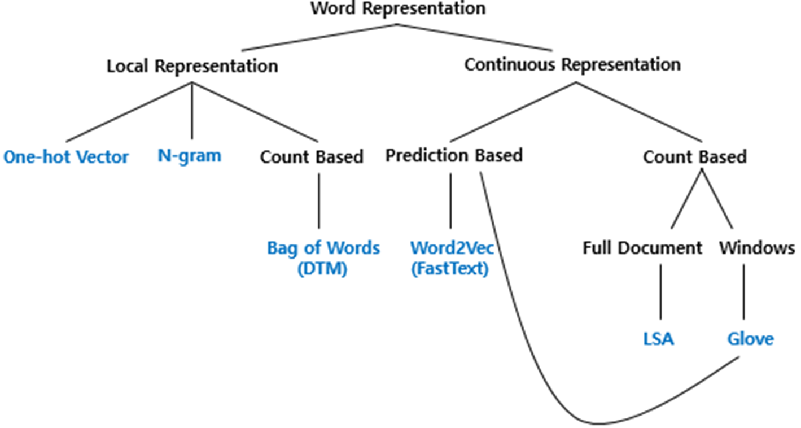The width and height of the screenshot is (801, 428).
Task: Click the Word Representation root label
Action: click(398, 8)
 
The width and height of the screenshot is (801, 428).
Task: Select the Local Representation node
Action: click(192, 66)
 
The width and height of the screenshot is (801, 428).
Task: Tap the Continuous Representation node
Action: click(572, 64)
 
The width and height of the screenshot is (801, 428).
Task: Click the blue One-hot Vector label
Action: click(66, 157)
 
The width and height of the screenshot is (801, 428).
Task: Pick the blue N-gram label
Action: click(190, 155)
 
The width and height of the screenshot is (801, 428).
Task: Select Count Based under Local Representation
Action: click(311, 156)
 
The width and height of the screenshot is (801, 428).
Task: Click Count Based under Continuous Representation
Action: click(694, 156)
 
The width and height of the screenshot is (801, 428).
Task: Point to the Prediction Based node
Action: click(454, 155)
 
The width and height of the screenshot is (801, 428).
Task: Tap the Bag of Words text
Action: click(323, 248)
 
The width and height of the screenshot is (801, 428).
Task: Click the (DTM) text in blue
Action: click(322, 269)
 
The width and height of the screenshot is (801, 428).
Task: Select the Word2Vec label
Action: click(452, 248)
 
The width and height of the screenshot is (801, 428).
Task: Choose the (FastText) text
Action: click(449, 269)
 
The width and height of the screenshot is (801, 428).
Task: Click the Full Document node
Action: click(642, 248)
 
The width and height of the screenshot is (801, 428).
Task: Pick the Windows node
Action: click(756, 248)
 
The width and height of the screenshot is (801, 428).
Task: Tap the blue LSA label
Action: click(659, 339)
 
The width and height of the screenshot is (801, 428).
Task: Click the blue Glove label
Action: click(750, 339)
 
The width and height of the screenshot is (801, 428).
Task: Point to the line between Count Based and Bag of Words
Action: click(319, 200)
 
